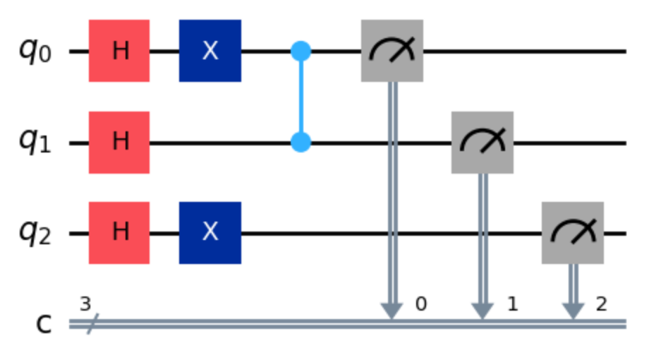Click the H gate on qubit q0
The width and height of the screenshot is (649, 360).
[119, 51]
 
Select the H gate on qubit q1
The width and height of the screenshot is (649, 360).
[119, 142]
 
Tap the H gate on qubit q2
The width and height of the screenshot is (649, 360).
[119, 233]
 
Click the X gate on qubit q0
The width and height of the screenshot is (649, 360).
[210, 51]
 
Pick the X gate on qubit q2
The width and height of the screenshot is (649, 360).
[210, 233]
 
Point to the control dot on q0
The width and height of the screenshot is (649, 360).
[301, 51]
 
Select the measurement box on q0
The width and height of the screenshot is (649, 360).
[392, 51]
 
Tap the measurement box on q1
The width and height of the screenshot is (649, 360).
[483, 142]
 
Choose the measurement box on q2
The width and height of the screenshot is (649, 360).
[573, 233]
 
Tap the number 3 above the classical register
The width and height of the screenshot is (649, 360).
[85, 305]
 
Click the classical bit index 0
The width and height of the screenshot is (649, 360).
[420, 306]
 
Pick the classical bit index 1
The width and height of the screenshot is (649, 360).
[511, 306]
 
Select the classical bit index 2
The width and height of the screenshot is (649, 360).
[601, 306]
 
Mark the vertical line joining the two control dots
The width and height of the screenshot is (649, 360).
[301, 97]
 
